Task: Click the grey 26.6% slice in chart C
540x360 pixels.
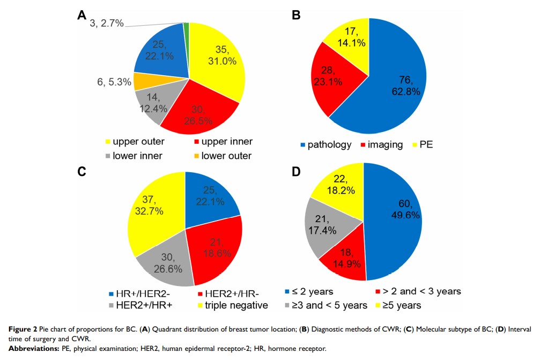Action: (164, 263)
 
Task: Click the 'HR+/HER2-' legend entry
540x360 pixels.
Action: (137, 293)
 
